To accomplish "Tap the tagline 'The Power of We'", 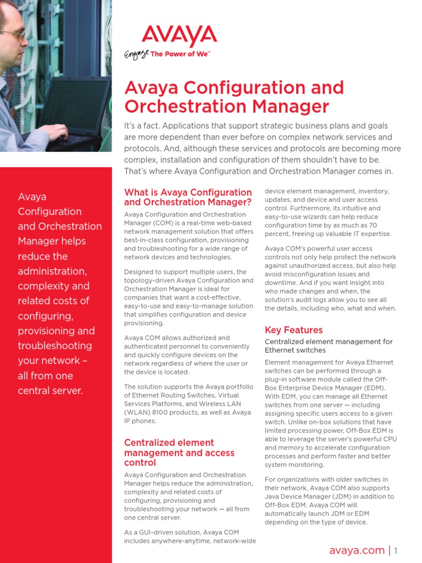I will coord(180,55).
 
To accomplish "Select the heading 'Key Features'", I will coord(293,330).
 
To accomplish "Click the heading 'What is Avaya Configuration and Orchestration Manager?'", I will coord(188,197).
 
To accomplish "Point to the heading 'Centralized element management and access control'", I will coord(179,452).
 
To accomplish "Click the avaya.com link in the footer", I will coord(357,550).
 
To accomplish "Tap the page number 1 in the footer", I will coord(396,550).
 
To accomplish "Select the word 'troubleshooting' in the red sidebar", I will coord(55,346).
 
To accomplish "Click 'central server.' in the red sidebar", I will coord(50,391).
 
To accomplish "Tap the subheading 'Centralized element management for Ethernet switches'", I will coord(329,346).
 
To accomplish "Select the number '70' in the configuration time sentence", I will coord(372,225).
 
